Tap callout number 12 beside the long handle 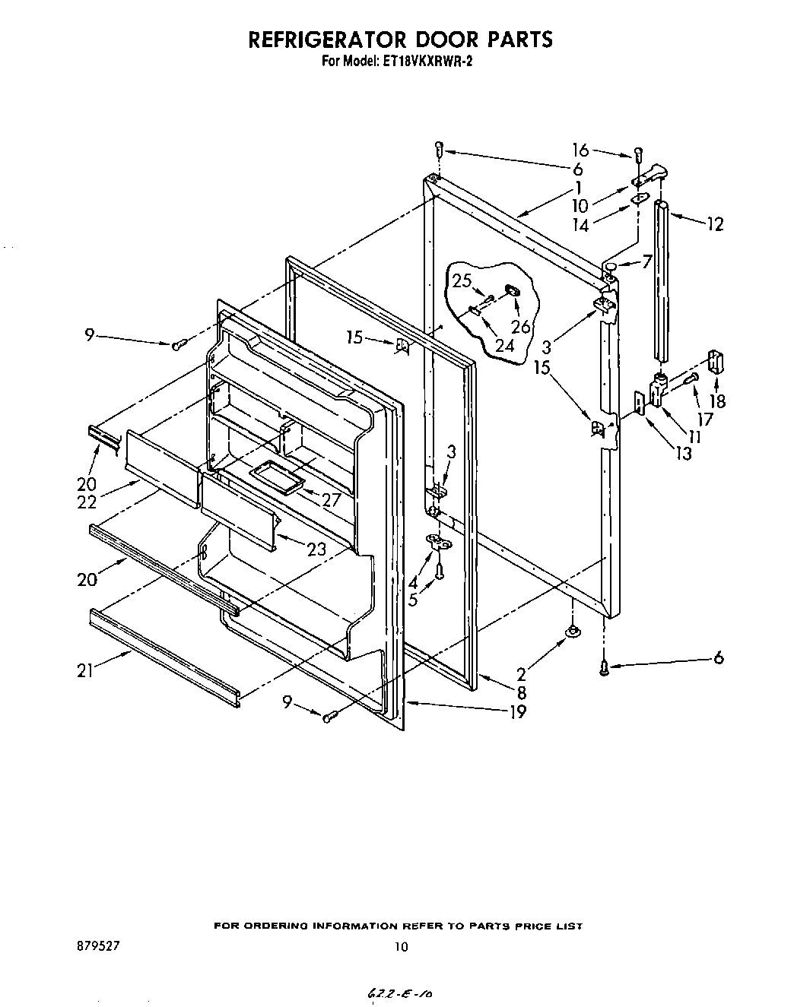click(x=714, y=224)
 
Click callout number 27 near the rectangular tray click(x=330, y=499)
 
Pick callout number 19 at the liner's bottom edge click(x=516, y=712)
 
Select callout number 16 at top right click(x=580, y=150)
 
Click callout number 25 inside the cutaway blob click(x=462, y=281)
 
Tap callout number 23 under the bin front click(x=318, y=548)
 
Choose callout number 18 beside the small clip click(x=716, y=401)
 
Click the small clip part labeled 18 click(x=716, y=362)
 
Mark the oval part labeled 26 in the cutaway click(x=513, y=291)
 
